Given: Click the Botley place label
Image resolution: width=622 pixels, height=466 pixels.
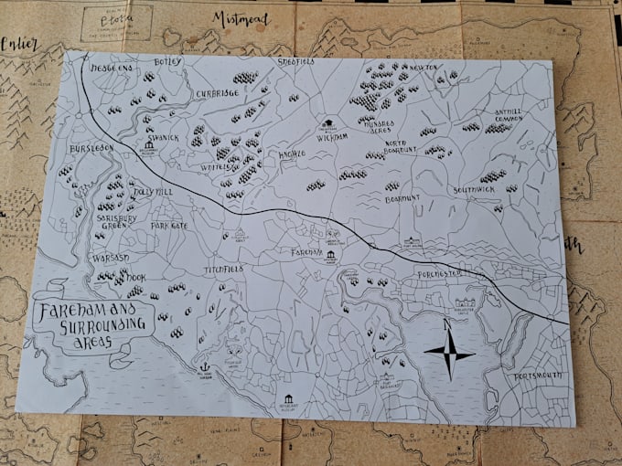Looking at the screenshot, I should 171,62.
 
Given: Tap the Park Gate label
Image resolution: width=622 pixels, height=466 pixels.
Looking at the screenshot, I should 169,225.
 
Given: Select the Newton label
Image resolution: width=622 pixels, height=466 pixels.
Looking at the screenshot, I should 424,68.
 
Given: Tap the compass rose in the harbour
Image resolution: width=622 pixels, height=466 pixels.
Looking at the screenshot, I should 449,353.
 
